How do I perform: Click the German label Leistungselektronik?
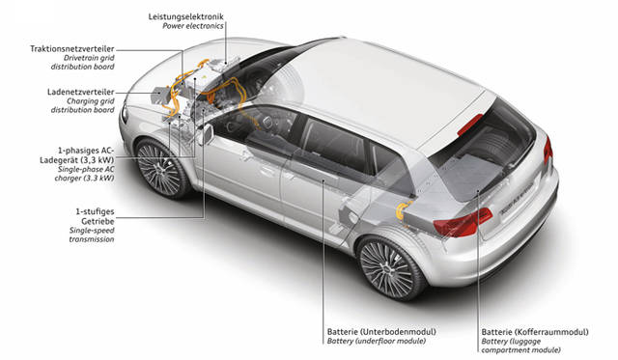pyautogui.click(x=185, y=16)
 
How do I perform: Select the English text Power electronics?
pyautogui.click(x=193, y=26)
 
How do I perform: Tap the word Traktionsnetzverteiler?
pyautogui.click(x=72, y=49)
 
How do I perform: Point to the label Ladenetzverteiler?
pyautogui.click(x=81, y=92)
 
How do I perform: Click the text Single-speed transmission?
pyautogui.click(x=92, y=235)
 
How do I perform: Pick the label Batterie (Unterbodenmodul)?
pyautogui.click(x=381, y=332)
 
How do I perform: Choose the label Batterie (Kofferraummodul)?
pyautogui.click(x=535, y=332)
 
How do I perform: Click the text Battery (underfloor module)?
pyautogui.click(x=377, y=341)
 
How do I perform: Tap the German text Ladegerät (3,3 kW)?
pyautogui.click(x=77, y=160)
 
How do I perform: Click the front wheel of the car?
pyautogui.click(x=161, y=169)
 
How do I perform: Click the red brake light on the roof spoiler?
pyautogui.click(x=470, y=125)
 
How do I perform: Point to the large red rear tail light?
pyautogui.click(x=463, y=223)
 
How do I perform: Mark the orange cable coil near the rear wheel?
pyautogui.click(x=403, y=210)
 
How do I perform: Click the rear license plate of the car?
pyautogui.click(x=517, y=203)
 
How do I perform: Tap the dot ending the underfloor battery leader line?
pyautogui.click(x=323, y=181)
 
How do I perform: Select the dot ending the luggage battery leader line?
pyautogui.click(x=477, y=192)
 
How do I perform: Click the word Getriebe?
pyautogui.click(x=98, y=221)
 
